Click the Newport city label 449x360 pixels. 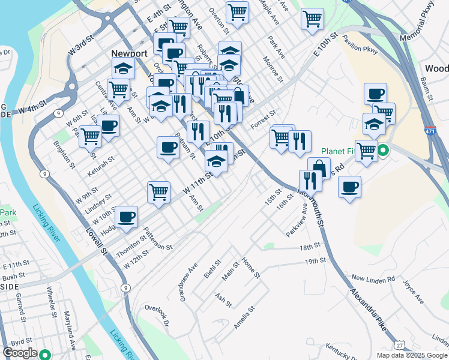tap(129, 53)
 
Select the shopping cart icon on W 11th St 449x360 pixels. tap(158, 191)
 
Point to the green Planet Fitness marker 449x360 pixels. tap(381, 151)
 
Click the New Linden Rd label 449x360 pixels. tap(373, 279)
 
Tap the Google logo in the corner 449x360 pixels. tap(20, 353)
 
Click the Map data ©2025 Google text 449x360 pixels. tap(411, 355)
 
